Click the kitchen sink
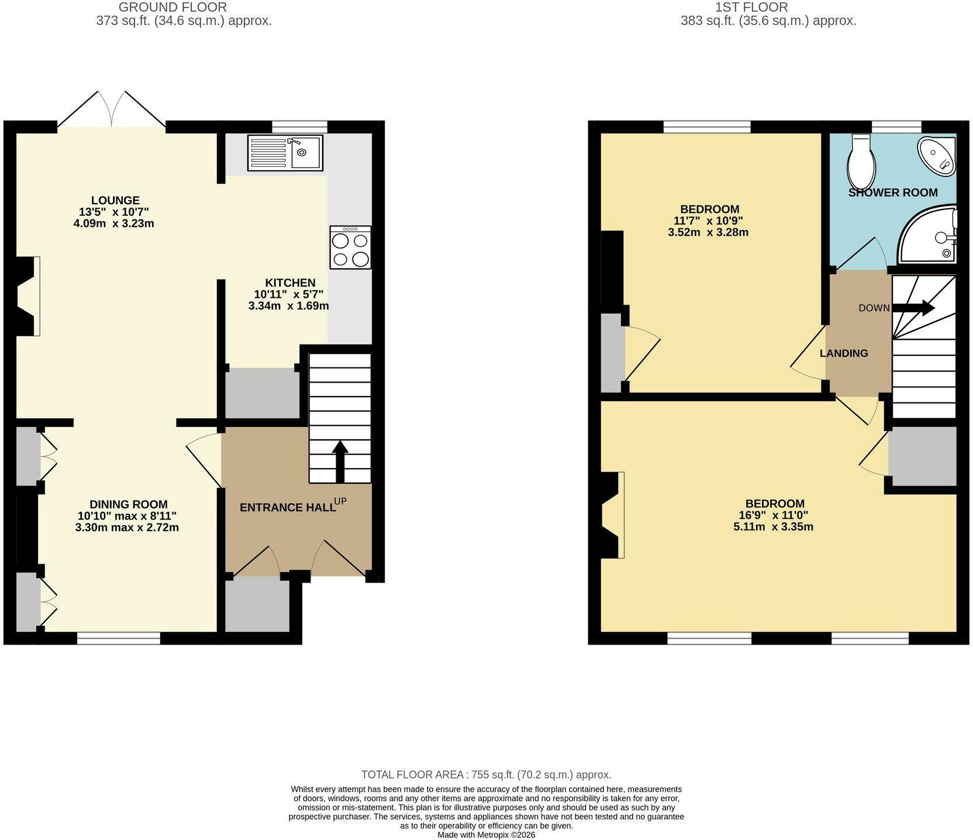click(285, 153)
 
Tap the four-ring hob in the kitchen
click(350, 247)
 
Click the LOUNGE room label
click(115, 201)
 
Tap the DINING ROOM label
click(129, 504)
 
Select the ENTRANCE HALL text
click(288, 507)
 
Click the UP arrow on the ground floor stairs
click(340, 462)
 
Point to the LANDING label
click(844, 353)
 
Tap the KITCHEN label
click(289, 283)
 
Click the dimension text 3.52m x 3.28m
click(708, 232)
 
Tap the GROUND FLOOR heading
click(172, 8)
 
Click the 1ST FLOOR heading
click(751, 8)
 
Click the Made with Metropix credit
click(486, 835)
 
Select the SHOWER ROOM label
click(893, 192)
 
